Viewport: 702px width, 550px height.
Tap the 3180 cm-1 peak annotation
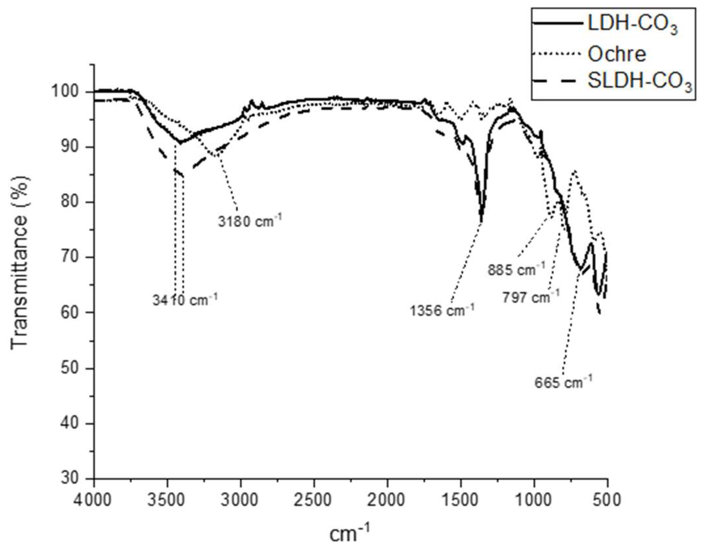(250, 220)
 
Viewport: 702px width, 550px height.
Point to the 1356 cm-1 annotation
(442, 310)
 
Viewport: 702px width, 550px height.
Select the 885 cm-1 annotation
(516, 269)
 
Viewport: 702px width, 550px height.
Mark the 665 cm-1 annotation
(563, 382)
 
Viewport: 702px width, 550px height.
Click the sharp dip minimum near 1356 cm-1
(481, 220)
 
